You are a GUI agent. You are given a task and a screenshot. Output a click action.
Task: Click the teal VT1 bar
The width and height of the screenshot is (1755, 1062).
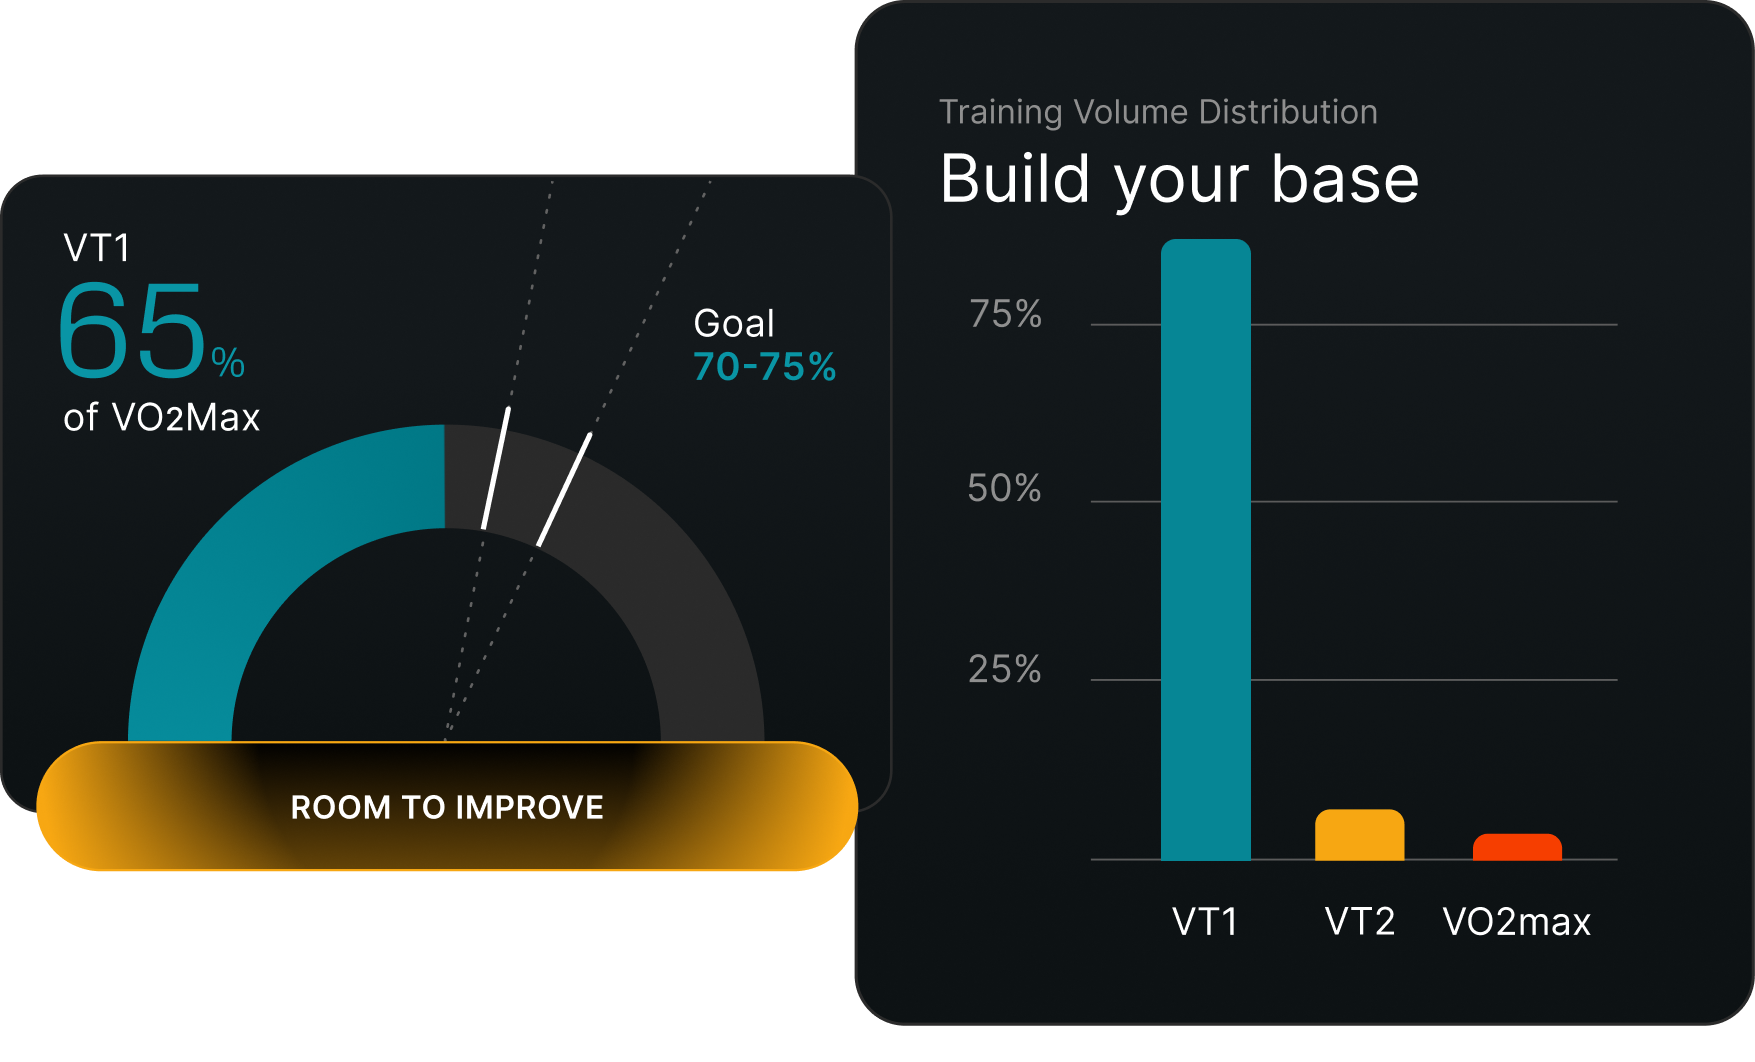(1205, 549)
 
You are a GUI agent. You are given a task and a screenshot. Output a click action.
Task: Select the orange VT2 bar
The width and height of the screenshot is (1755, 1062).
(1359, 835)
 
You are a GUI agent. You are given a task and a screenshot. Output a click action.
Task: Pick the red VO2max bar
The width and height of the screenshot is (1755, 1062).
(1517, 847)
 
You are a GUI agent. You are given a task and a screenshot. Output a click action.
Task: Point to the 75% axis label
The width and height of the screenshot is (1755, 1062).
(1005, 314)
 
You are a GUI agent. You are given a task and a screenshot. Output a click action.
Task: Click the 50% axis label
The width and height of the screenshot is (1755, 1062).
(1004, 489)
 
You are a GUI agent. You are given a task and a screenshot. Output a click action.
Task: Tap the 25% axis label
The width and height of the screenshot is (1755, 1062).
(1004, 669)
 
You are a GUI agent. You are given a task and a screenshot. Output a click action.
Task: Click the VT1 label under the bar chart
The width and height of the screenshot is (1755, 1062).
(1205, 921)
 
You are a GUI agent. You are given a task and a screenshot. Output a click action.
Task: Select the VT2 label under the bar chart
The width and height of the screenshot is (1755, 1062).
(1359, 921)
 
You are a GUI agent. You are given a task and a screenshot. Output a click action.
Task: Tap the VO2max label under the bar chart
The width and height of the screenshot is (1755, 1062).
(1516, 921)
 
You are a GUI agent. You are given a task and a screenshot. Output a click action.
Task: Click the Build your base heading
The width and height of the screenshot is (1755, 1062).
(1180, 179)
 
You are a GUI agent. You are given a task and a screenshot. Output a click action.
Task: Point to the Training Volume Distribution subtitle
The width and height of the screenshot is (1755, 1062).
(1158, 112)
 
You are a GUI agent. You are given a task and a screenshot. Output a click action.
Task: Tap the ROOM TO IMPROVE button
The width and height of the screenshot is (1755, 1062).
(447, 806)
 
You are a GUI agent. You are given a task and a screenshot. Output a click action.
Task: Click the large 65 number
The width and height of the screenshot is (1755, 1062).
(132, 330)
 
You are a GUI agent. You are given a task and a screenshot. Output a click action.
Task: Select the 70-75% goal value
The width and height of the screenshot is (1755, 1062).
(765, 367)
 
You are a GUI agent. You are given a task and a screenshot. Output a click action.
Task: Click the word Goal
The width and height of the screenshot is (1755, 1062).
(734, 323)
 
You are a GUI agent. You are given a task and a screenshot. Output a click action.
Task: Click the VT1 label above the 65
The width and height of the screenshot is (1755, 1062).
(97, 248)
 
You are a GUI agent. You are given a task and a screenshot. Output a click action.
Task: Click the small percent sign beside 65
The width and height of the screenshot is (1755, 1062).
(228, 362)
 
